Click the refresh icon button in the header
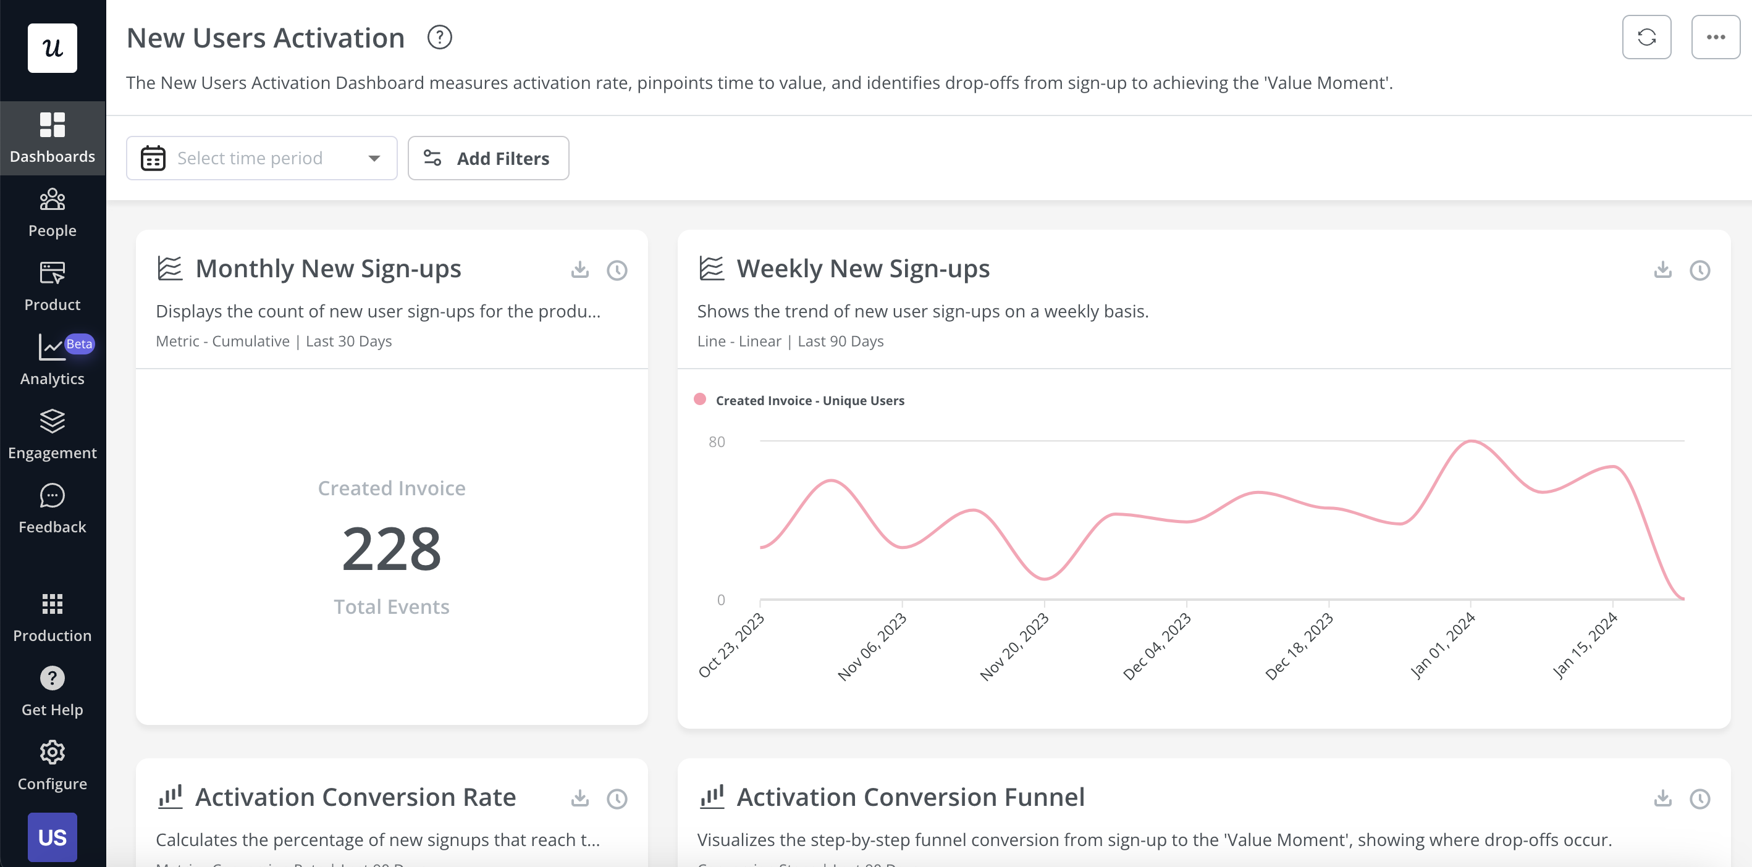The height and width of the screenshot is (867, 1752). coord(1646,38)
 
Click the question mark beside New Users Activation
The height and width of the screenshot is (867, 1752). coord(439,38)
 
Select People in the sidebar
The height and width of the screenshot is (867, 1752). coord(53,212)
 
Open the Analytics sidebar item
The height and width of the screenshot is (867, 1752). coord(53,361)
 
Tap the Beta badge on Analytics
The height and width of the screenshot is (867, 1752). coord(79,344)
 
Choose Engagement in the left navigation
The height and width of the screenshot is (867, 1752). coord(53,435)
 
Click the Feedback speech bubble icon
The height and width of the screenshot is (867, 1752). coord(53,496)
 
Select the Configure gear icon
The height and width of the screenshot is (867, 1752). coord(53,752)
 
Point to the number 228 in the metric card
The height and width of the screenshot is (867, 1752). coord(391,549)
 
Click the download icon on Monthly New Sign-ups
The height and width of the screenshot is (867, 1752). coord(579,269)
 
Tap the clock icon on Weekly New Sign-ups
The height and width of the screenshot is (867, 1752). coord(1699,270)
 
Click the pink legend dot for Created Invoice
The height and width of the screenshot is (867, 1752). coord(700,399)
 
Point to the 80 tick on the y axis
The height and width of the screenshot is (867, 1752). coord(716,442)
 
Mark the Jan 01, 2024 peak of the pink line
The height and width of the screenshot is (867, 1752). coord(1471,442)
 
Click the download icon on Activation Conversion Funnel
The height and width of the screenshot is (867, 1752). coord(1662,798)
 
